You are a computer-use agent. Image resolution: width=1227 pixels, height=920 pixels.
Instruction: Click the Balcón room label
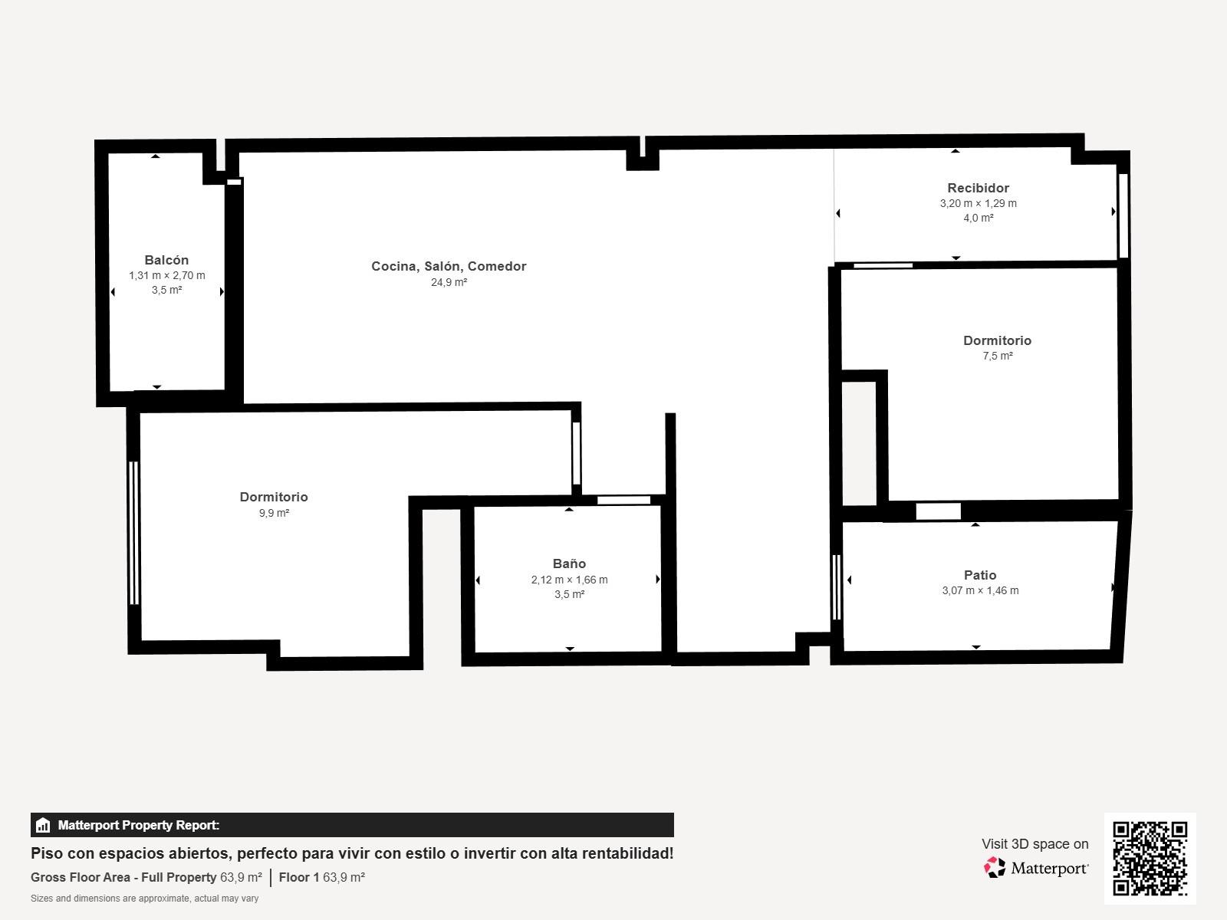(166, 260)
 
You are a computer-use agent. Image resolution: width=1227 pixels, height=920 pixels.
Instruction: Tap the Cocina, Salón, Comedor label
(449, 267)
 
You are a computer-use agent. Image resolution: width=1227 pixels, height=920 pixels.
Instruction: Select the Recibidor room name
(979, 188)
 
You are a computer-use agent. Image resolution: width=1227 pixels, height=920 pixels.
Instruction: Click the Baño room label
(569, 563)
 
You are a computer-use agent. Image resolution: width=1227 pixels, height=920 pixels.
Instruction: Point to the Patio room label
(980, 575)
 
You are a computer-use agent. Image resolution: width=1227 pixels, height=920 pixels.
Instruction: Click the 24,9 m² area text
(449, 282)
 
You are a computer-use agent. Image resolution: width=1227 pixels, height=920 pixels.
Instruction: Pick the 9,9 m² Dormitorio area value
(274, 513)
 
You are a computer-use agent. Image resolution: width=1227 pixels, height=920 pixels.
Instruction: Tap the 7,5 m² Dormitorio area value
(998, 356)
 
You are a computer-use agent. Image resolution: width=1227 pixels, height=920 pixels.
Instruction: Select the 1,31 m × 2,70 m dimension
(167, 275)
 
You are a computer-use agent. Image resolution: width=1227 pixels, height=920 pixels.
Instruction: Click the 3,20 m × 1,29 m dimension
(979, 203)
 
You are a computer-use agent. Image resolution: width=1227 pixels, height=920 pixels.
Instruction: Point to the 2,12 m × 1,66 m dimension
(569, 580)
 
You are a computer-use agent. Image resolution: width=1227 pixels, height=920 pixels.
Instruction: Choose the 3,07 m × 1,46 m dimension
(980, 590)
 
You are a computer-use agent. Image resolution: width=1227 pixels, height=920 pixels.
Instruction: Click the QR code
(1150, 859)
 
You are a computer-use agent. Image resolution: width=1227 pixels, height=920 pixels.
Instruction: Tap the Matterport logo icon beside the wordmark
(995, 868)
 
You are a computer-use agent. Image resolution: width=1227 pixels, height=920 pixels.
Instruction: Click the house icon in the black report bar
(43, 825)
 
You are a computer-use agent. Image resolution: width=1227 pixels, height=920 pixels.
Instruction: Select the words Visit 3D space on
(1035, 844)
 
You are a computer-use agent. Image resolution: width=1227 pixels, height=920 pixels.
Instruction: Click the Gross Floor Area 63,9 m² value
(241, 877)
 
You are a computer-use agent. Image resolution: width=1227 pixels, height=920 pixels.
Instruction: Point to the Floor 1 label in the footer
(299, 877)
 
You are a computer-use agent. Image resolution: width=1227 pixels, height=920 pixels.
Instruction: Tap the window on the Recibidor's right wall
(1123, 215)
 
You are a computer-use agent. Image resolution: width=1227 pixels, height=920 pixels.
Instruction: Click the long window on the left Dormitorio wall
(133, 533)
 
